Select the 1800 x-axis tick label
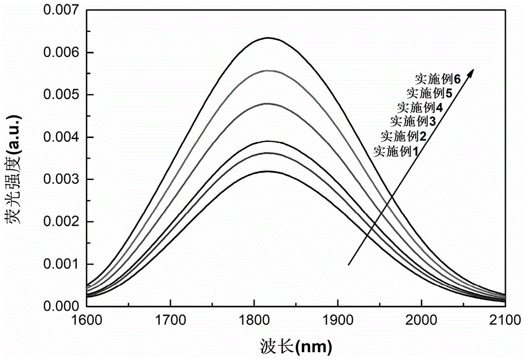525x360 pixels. coord(254,319)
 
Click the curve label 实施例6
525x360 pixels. coord(437,80)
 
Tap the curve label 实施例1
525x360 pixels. coord(397,152)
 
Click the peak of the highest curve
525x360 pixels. coord(268,38)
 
